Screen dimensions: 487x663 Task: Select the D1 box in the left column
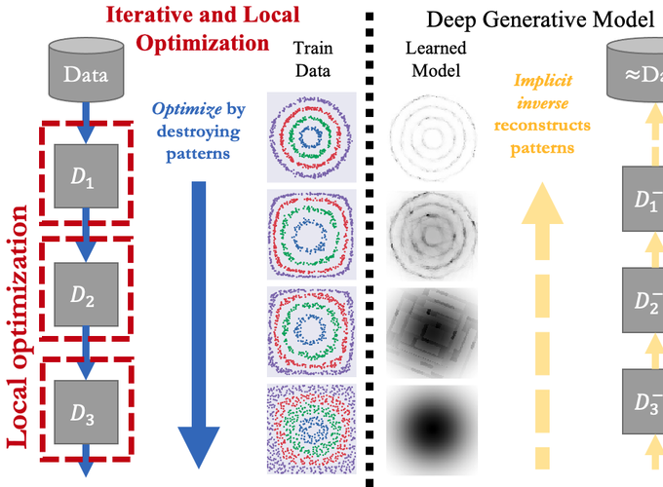[86, 176]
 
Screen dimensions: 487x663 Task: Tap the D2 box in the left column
[86, 293]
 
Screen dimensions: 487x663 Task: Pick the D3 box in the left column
[86, 410]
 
